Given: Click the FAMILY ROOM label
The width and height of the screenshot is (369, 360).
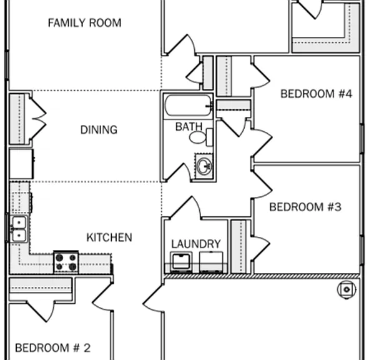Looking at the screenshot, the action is click(85, 23).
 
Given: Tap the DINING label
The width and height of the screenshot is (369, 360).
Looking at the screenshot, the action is click(99, 129).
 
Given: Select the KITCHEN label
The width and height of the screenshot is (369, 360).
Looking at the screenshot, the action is click(109, 237).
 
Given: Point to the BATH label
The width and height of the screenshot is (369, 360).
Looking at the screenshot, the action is click(189, 126).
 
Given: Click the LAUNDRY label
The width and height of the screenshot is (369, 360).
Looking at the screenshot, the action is click(196, 244).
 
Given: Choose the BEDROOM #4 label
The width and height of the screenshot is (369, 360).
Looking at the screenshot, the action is click(317, 94).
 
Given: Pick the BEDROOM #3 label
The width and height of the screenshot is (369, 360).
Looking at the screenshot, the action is click(305, 207).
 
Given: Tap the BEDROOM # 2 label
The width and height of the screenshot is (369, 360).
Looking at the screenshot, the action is click(52, 347).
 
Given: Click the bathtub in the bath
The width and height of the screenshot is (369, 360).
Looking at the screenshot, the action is click(188, 105).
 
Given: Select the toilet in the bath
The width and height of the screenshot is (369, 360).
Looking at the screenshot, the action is click(201, 137).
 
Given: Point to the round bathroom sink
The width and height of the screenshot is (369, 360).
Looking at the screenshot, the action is click(204, 166).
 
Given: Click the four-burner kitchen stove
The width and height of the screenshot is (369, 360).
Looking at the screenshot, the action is click(66, 262).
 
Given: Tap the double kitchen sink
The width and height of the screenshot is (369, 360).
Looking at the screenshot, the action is click(19, 229).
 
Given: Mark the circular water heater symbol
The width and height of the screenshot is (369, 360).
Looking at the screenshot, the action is click(347, 289).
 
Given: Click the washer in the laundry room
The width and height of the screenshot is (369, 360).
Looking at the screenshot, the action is click(182, 262).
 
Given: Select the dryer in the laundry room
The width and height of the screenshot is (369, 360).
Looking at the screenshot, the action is click(211, 262).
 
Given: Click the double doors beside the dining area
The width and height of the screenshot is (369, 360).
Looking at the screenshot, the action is click(38, 119).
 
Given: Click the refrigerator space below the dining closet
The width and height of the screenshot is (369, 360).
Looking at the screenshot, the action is click(21, 164).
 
